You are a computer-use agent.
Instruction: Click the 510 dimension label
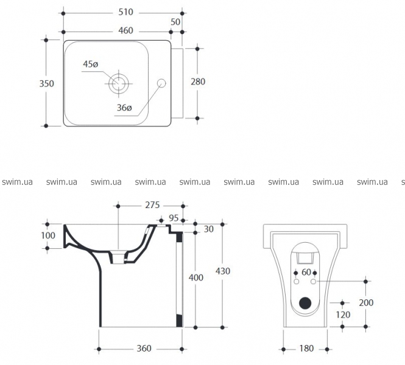127,12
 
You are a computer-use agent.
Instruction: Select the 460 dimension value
127,30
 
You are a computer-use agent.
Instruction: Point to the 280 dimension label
206,82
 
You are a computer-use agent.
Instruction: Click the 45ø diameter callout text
91,65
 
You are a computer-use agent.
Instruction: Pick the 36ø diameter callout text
124,108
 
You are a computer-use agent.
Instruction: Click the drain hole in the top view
118,83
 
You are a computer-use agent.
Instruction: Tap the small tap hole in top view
161,83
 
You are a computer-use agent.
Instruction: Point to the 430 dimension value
222,271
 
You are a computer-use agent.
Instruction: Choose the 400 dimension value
195,278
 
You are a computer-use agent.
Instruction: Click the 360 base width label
144,348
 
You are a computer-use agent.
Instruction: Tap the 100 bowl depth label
48,235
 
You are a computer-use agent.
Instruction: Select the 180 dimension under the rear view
306,348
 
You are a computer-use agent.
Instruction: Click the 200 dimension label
383,302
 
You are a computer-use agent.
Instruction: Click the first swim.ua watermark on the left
17,181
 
